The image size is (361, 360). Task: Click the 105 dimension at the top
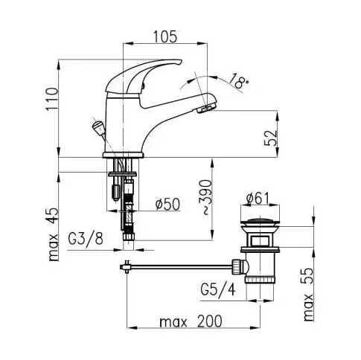165,36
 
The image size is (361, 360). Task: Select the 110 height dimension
53,98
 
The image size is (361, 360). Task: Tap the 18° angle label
237,81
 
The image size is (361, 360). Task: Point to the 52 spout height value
270,138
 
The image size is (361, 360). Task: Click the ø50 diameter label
168,205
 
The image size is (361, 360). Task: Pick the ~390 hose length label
206,197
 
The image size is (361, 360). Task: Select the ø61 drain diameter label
258,199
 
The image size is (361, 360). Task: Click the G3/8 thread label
86,240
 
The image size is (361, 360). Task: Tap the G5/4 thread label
217,289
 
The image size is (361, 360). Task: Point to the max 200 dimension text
191,321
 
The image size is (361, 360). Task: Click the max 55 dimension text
308,295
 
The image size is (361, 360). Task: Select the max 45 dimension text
54,234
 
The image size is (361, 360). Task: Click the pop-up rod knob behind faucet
98,127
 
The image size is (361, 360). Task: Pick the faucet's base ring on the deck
124,155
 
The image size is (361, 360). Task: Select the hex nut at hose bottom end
129,236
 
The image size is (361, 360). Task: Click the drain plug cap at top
260,222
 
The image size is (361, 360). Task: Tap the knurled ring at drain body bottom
260,280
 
